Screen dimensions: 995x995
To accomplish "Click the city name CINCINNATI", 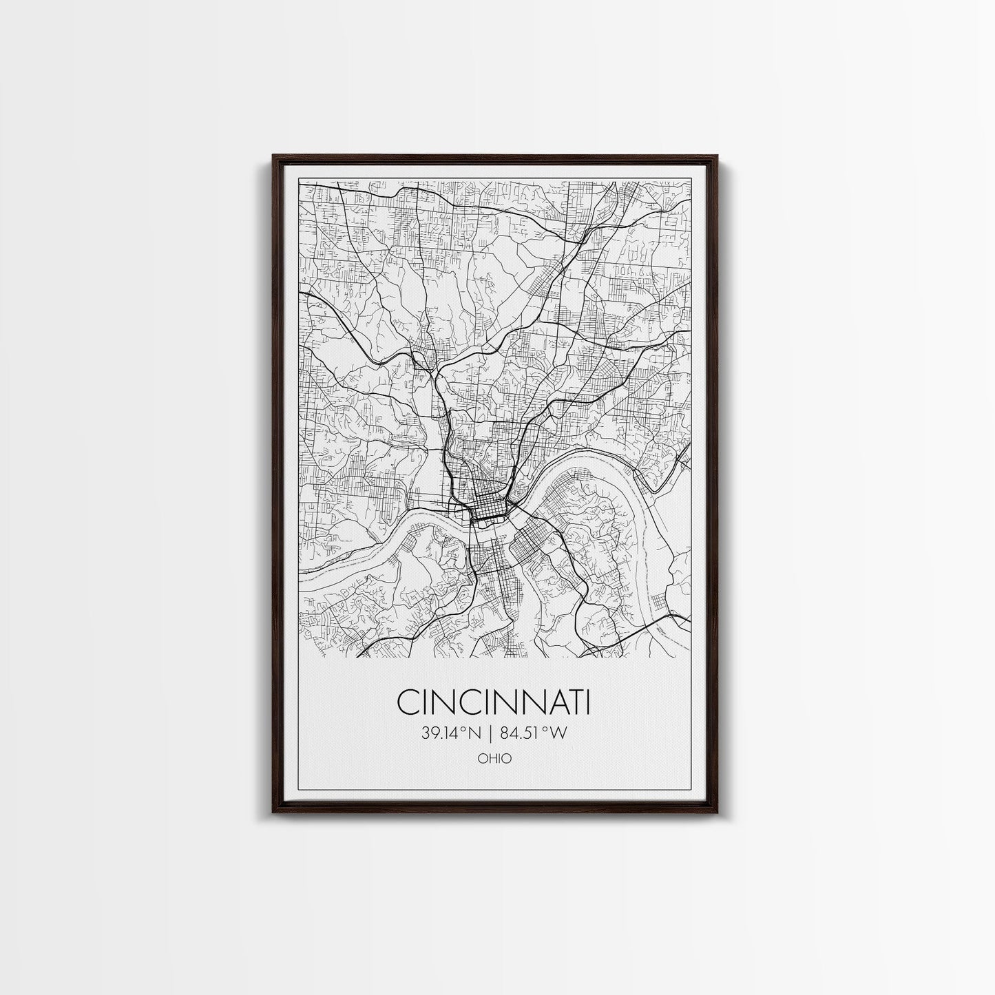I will pos(494,703).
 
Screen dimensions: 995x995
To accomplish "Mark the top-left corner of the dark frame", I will pos(273,156).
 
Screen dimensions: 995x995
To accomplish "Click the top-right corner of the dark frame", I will pos(718,156).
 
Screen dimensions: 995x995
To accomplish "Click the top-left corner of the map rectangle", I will pos(300,181).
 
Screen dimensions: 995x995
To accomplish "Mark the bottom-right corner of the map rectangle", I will pos(691,657).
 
